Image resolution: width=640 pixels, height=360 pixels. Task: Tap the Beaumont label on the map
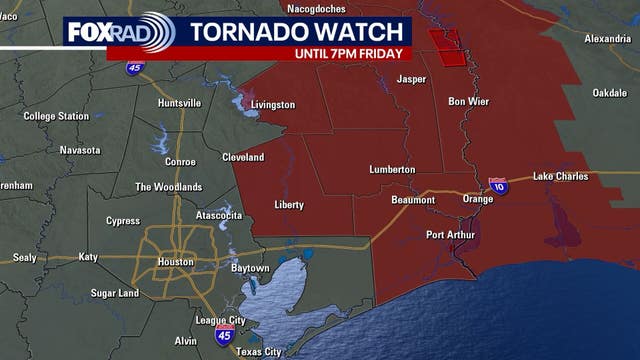pos(412,200)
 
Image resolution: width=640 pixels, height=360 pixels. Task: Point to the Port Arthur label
pos(449,235)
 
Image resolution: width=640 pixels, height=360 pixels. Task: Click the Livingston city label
pos(273,104)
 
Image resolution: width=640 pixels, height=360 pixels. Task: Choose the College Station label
pos(56,116)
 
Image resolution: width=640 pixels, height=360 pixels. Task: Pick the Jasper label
pos(412,78)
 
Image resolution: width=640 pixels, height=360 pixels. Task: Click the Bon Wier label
pos(468,101)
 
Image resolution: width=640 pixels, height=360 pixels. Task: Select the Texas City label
pos(261,352)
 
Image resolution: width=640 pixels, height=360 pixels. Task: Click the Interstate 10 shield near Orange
pos(498,185)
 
